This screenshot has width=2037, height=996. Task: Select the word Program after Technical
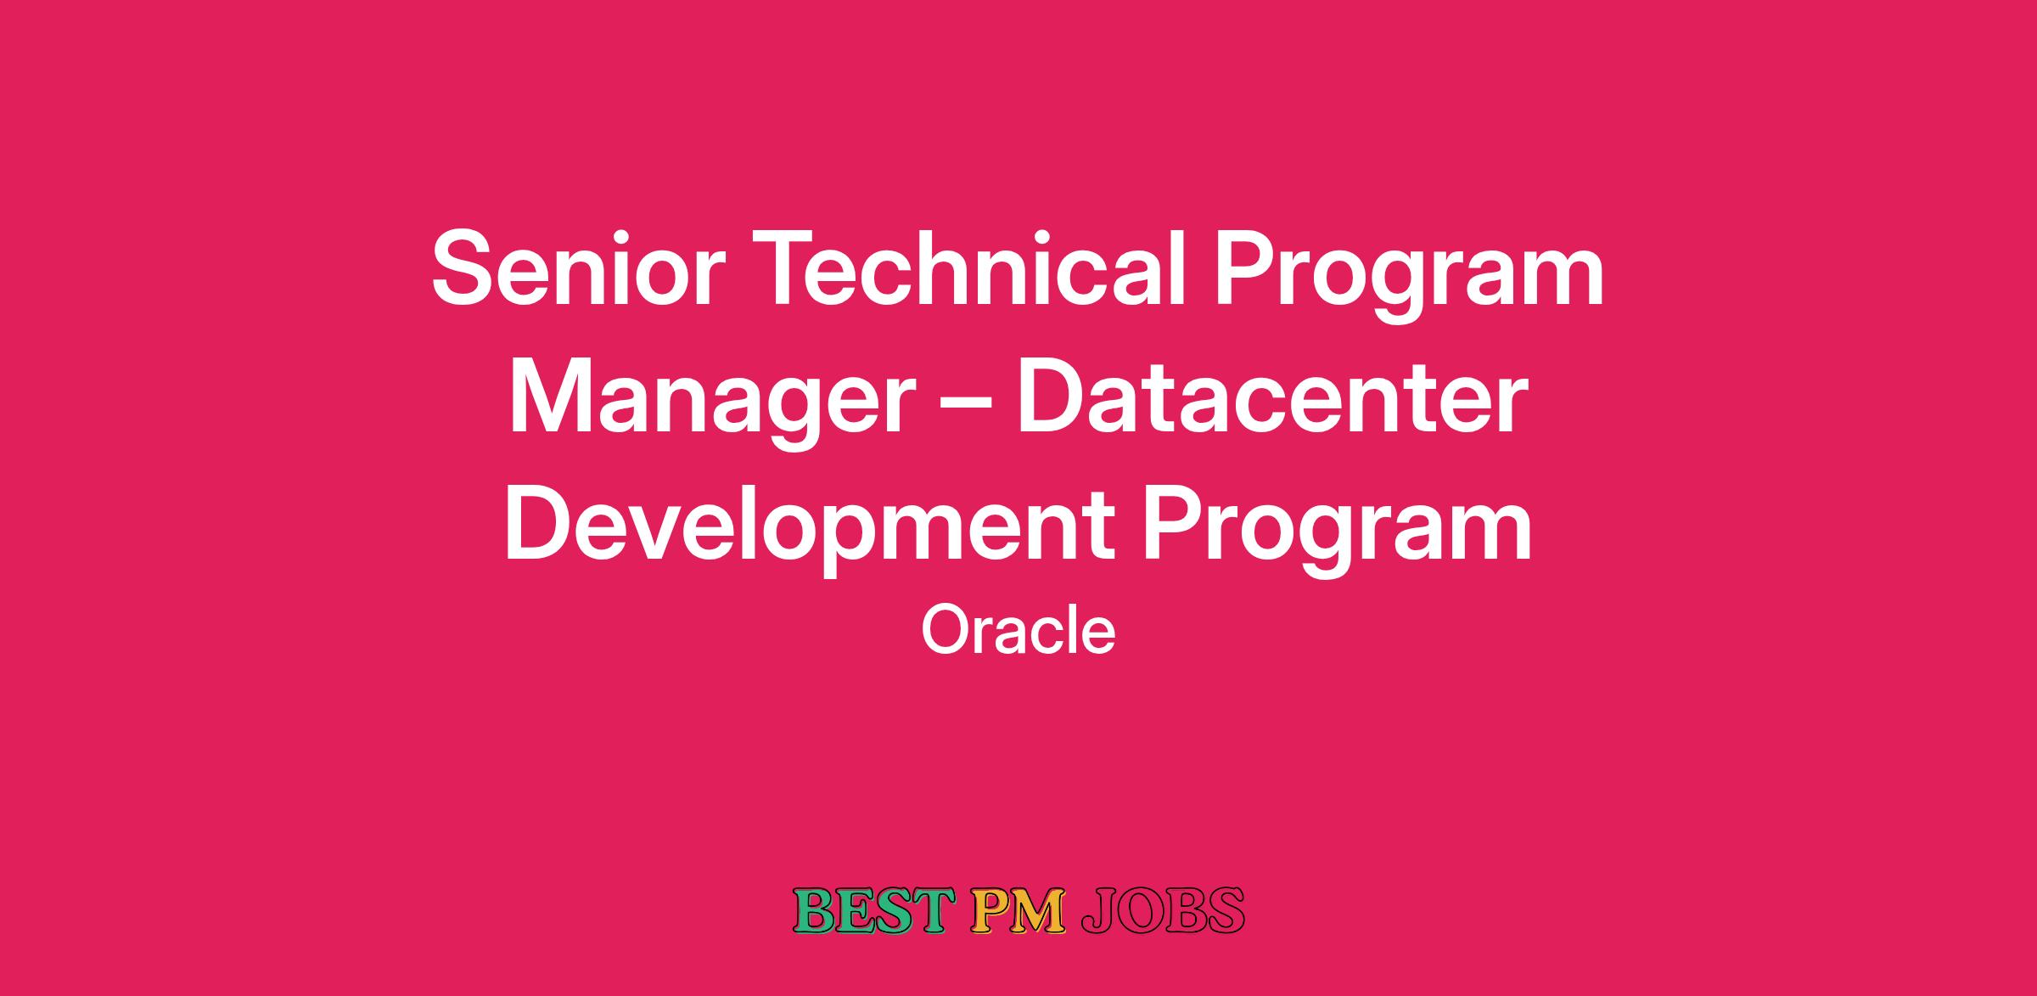(x=1410, y=277)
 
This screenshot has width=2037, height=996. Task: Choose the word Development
(x=810, y=531)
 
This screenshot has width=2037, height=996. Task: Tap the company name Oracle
(x=1018, y=630)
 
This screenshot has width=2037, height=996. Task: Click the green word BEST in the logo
(x=870, y=910)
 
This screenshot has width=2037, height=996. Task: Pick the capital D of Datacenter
(x=1053, y=396)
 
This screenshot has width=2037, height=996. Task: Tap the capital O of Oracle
(x=946, y=630)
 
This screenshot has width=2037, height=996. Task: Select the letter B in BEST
(x=813, y=910)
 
